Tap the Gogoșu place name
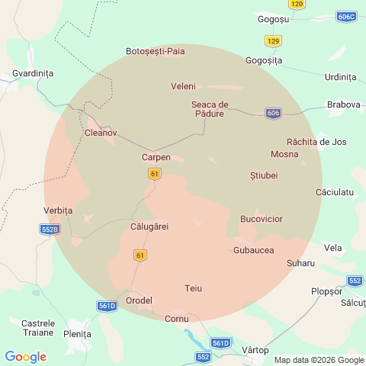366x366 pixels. pos(273,19)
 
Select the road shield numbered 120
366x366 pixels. pos(297,4)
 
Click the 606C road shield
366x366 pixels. pos(345,16)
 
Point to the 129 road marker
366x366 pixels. pos(273,40)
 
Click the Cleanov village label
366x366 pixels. pos(101,133)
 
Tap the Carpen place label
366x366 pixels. pos(156,157)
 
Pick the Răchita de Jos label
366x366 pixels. pos(316,142)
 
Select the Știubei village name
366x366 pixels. pos(264,176)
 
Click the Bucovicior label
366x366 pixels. pos(261,219)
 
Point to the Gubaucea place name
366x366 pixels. pos(253,250)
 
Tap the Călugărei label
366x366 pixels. pos(149,226)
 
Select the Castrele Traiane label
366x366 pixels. pos(37,328)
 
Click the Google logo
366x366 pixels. pos(25,356)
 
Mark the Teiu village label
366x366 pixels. pos(194,288)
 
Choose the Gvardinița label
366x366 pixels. pos(33,73)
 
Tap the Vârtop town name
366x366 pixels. pos(255,350)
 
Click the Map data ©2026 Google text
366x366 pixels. pos(319,360)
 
